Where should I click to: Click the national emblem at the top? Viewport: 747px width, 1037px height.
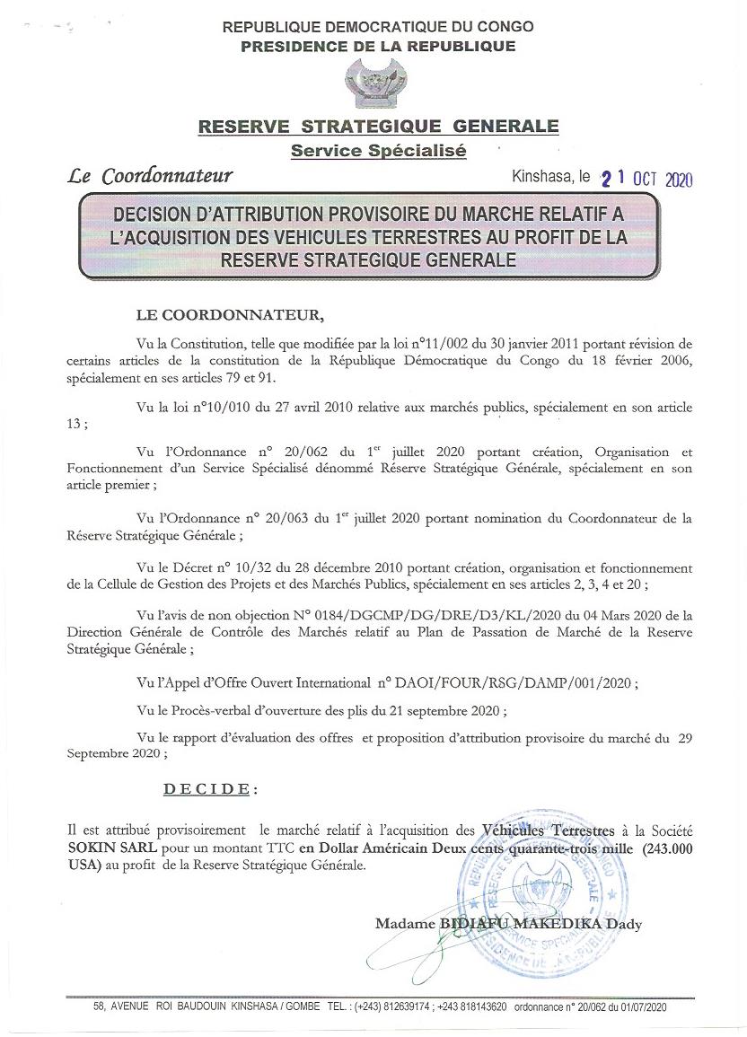click(377, 84)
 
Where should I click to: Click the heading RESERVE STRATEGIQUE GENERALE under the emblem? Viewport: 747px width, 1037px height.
click(378, 127)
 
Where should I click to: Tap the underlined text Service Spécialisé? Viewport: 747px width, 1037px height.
click(378, 151)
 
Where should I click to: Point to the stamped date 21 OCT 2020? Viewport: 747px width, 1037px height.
click(647, 178)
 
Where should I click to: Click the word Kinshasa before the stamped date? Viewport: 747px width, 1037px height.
click(539, 177)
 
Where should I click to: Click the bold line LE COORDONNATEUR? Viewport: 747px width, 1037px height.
click(227, 315)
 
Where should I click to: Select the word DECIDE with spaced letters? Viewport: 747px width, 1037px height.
click(208, 789)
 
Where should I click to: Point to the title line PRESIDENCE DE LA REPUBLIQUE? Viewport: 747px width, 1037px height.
click(378, 47)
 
